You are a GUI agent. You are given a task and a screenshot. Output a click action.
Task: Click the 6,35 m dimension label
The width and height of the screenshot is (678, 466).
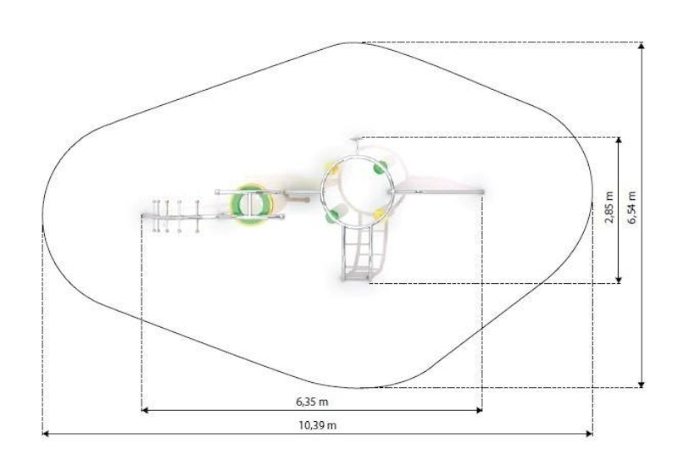[x=312, y=402]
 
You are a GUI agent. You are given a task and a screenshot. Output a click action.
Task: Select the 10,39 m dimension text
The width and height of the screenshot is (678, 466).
[x=317, y=425]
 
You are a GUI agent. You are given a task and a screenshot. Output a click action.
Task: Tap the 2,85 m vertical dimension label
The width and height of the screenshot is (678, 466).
[x=609, y=207]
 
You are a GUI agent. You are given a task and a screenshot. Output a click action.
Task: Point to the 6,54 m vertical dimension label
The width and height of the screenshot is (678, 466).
[x=632, y=207]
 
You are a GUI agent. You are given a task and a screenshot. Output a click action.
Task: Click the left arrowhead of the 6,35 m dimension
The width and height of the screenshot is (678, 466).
[x=145, y=410]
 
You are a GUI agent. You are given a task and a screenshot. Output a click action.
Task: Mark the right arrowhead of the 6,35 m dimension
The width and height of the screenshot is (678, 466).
[x=479, y=410]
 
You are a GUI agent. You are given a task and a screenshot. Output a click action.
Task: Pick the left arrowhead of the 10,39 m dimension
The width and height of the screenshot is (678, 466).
[x=46, y=433]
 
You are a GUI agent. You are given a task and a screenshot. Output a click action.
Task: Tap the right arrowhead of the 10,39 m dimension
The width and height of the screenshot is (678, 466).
[x=589, y=433]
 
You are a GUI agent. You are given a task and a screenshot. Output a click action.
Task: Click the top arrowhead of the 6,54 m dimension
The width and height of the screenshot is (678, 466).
[x=642, y=46]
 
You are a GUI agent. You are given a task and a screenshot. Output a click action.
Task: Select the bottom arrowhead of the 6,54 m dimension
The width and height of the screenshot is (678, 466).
[x=642, y=384]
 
